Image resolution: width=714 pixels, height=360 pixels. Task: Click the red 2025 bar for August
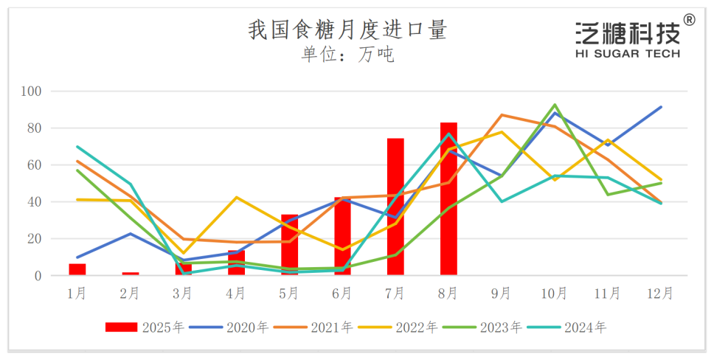[x=448, y=199]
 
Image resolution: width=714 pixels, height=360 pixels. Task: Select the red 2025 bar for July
[x=395, y=207]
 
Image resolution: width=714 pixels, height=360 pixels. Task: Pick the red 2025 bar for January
[x=77, y=269]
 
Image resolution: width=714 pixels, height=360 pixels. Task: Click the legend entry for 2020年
[x=229, y=328]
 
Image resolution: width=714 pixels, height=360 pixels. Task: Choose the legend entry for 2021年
[x=313, y=328]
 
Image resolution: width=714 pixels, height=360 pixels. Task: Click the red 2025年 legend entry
[x=145, y=328]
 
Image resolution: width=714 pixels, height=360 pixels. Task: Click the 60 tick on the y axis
[x=38, y=165]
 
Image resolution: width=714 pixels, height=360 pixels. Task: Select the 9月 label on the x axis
[x=502, y=294]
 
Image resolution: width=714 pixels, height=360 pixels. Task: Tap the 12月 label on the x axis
[x=660, y=294]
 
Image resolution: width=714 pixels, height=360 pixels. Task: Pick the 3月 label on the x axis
[x=183, y=294]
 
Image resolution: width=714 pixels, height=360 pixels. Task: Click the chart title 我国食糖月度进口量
[x=347, y=30]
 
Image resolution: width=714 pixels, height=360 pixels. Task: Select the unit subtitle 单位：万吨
[x=347, y=55]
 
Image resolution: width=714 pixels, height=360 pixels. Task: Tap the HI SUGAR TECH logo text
[x=628, y=54]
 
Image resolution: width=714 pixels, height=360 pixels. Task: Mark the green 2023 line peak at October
[x=555, y=105]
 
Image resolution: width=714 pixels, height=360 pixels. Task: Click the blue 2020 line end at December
[x=661, y=107]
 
